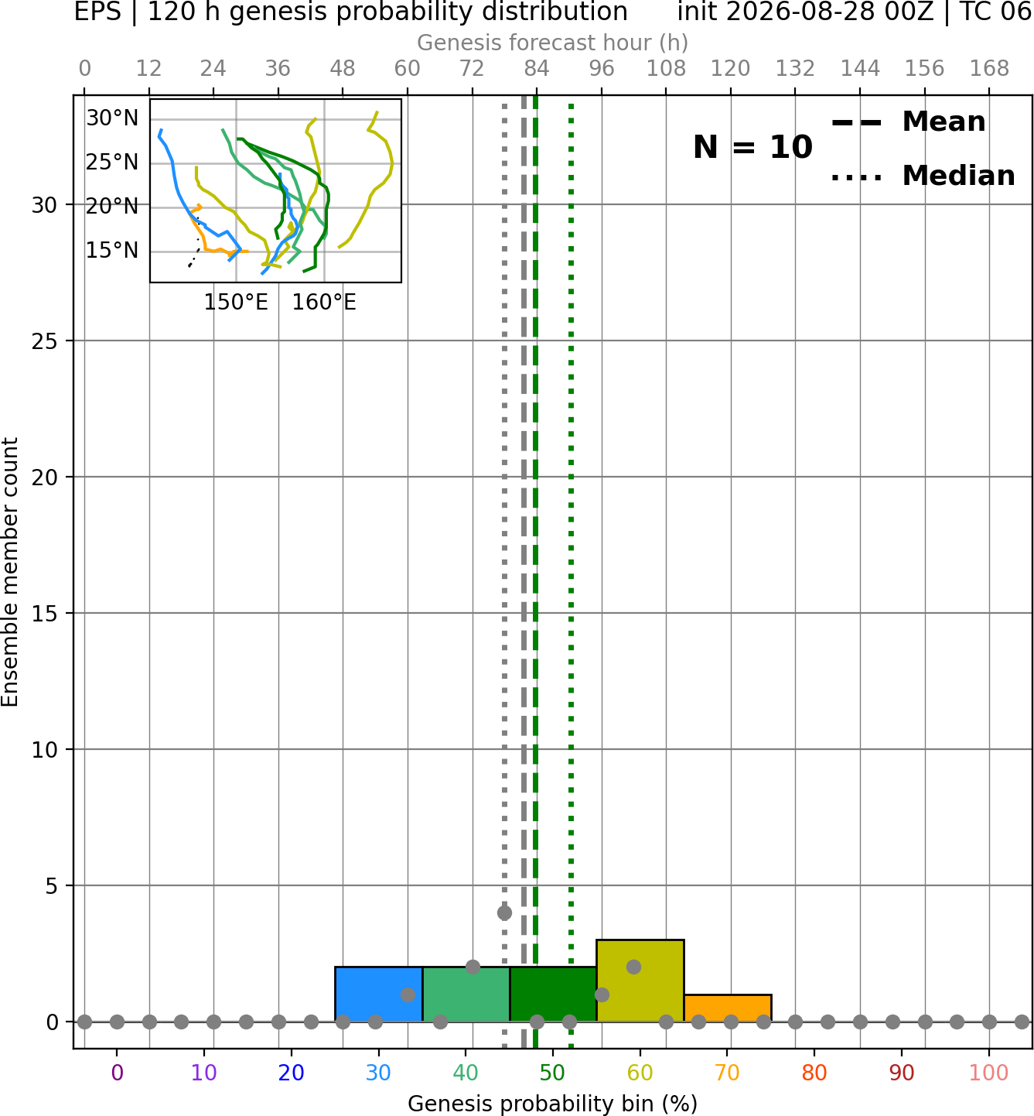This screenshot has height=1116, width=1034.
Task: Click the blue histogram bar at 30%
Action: [x=378, y=994]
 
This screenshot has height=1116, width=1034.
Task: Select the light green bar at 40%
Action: [x=466, y=994]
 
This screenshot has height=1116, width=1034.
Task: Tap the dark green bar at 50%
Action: [x=553, y=994]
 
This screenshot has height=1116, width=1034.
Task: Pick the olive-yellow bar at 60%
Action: [x=640, y=981]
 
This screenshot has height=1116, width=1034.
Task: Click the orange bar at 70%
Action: [x=727, y=1008]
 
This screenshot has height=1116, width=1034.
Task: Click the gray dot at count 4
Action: [x=504, y=912]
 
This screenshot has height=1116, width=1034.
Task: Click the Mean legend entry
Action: [x=908, y=122]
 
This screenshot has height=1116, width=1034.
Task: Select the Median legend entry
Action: [x=923, y=176]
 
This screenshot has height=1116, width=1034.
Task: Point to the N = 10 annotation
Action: [x=752, y=147]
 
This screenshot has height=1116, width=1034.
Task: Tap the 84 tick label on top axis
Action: [x=537, y=69]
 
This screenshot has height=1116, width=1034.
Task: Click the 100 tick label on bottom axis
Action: [x=988, y=1073]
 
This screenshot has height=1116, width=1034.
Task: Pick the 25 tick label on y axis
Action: [x=45, y=341]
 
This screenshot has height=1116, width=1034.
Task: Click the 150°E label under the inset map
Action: [x=236, y=303]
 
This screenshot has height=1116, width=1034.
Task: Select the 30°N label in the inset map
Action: [x=112, y=118]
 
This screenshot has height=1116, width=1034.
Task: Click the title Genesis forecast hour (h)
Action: [x=553, y=43]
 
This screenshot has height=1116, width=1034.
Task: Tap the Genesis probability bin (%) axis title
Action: [x=553, y=1104]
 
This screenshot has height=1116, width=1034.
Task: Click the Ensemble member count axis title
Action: [x=9, y=572]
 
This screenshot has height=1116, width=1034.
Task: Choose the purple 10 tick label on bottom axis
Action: [x=204, y=1073]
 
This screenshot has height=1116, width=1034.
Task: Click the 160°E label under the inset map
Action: [x=324, y=303]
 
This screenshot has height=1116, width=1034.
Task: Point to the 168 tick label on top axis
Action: [x=989, y=69]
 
